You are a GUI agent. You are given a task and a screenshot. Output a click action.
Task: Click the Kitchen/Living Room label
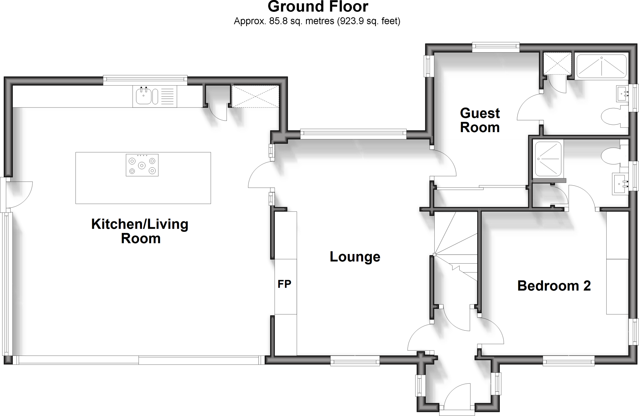[x=140, y=231]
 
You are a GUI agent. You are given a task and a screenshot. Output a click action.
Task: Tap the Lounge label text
[x=355, y=257]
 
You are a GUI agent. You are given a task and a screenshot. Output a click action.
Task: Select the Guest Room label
[x=480, y=120]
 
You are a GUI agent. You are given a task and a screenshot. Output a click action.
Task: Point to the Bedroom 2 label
[x=554, y=286]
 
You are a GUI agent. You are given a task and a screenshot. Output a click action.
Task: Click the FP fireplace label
[x=284, y=284]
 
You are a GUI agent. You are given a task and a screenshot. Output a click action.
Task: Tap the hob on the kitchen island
[x=142, y=165]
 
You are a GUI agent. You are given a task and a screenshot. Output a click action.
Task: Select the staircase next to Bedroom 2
[x=456, y=246]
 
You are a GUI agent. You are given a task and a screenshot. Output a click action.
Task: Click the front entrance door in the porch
[x=456, y=396]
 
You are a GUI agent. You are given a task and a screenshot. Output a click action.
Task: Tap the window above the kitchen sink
[x=145, y=80]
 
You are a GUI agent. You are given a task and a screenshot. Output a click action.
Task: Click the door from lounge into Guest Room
[x=443, y=164]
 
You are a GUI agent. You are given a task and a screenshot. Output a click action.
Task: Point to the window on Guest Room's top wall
[x=495, y=47]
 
